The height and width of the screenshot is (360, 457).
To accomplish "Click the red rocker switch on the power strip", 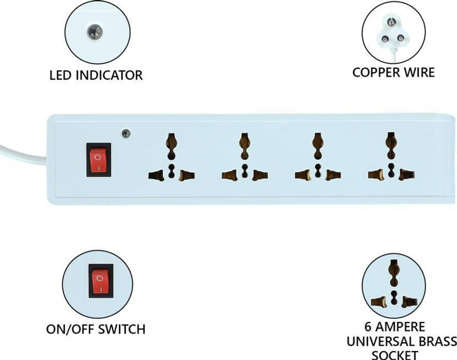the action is tap(98, 160).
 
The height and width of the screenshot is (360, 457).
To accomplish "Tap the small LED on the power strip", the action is tap(126, 133).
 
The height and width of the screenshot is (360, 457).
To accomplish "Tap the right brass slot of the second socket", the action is tap(260, 175).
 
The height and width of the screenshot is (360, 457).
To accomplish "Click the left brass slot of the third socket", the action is tap(303, 175).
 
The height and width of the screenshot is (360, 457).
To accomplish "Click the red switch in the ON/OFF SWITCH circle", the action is tap(101, 280).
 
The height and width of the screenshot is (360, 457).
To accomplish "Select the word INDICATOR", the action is tap(109, 75).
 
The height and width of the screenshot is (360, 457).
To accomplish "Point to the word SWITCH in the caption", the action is tap(122, 329).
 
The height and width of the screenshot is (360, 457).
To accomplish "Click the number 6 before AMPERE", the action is tap(368, 327).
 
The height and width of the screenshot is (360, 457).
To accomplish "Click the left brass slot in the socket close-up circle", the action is tap(379, 302).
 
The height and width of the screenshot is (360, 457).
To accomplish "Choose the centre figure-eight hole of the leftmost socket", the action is tap(172, 171).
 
